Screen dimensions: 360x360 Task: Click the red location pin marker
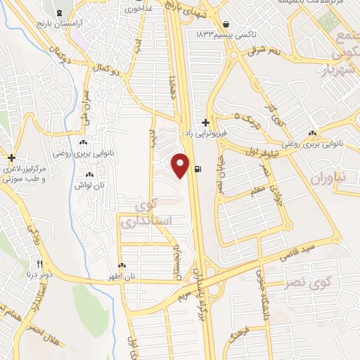pyautogui.click(x=181, y=165)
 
